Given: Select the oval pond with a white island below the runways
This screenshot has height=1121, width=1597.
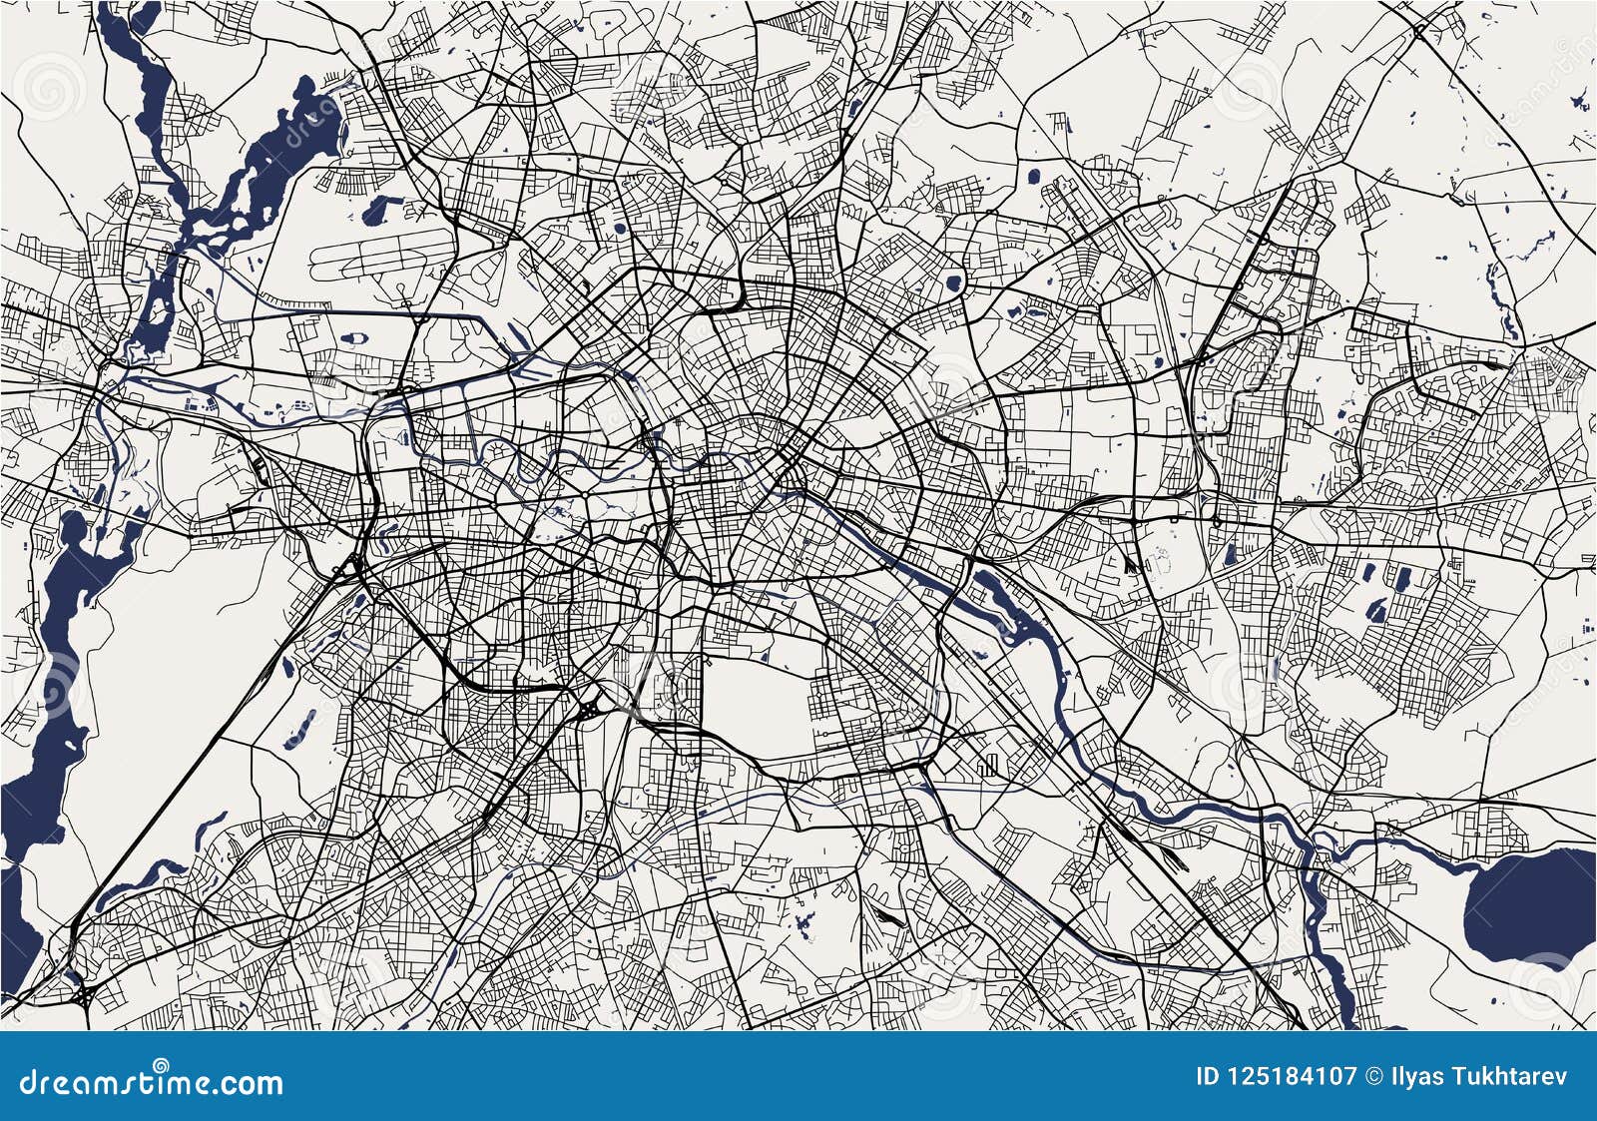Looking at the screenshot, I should click(x=354, y=338).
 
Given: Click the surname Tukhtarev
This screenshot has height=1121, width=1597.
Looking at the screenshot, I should click(x=1506, y=1076).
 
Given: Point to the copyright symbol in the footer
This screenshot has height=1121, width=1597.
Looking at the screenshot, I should click(x=1373, y=1076).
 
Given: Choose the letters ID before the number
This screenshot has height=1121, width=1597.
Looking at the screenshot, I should click(x=1207, y=1076).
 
